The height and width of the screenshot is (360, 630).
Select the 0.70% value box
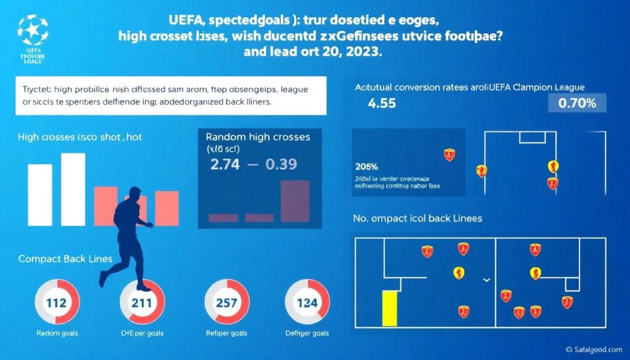(576, 103)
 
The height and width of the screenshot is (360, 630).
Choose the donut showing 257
(225, 302)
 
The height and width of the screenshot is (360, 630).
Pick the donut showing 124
(306, 302)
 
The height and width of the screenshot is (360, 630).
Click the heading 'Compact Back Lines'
(65, 259)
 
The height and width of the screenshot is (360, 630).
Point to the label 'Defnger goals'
(306, 333)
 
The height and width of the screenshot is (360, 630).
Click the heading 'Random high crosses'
(258, 137)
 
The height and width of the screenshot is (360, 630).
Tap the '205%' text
(366, 166)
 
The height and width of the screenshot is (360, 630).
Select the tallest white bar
(73, 189)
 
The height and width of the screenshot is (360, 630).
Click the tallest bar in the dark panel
(295, 201)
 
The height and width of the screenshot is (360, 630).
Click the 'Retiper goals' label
(225, 333)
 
